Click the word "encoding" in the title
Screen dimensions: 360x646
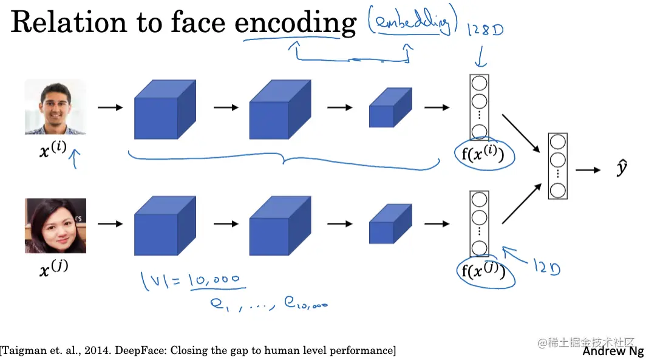point(295,23)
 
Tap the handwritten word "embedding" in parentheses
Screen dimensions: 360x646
point(412,24)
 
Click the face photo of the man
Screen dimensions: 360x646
point(55,107)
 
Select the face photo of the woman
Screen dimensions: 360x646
point(55,226)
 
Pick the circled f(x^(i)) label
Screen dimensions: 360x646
point(484,155)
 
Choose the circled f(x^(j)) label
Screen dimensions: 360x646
point(484,271)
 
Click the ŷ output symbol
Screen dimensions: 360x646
point(621,169)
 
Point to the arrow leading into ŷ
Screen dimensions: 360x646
point(587,170)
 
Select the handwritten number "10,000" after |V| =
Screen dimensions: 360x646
point(214,280)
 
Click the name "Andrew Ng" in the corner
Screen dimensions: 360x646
point(613,352)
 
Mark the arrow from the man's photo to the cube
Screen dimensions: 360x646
point(109,107)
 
